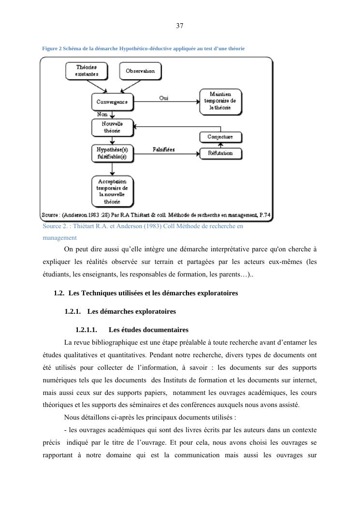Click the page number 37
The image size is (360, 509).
180,26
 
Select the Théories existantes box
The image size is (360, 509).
86,71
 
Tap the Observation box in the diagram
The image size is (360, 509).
140,71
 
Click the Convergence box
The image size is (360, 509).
112,102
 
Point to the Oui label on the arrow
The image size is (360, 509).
164,98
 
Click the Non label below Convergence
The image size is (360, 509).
102,115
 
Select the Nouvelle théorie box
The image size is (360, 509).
112,128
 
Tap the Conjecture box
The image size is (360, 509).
220,137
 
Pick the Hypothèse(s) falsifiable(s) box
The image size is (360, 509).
112,153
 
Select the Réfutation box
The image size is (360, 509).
220,153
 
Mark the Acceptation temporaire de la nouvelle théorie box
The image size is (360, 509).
112,191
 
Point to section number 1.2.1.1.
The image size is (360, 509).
86,330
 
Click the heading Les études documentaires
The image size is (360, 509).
148,330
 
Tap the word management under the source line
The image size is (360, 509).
59,237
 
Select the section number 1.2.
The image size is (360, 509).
59,293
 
